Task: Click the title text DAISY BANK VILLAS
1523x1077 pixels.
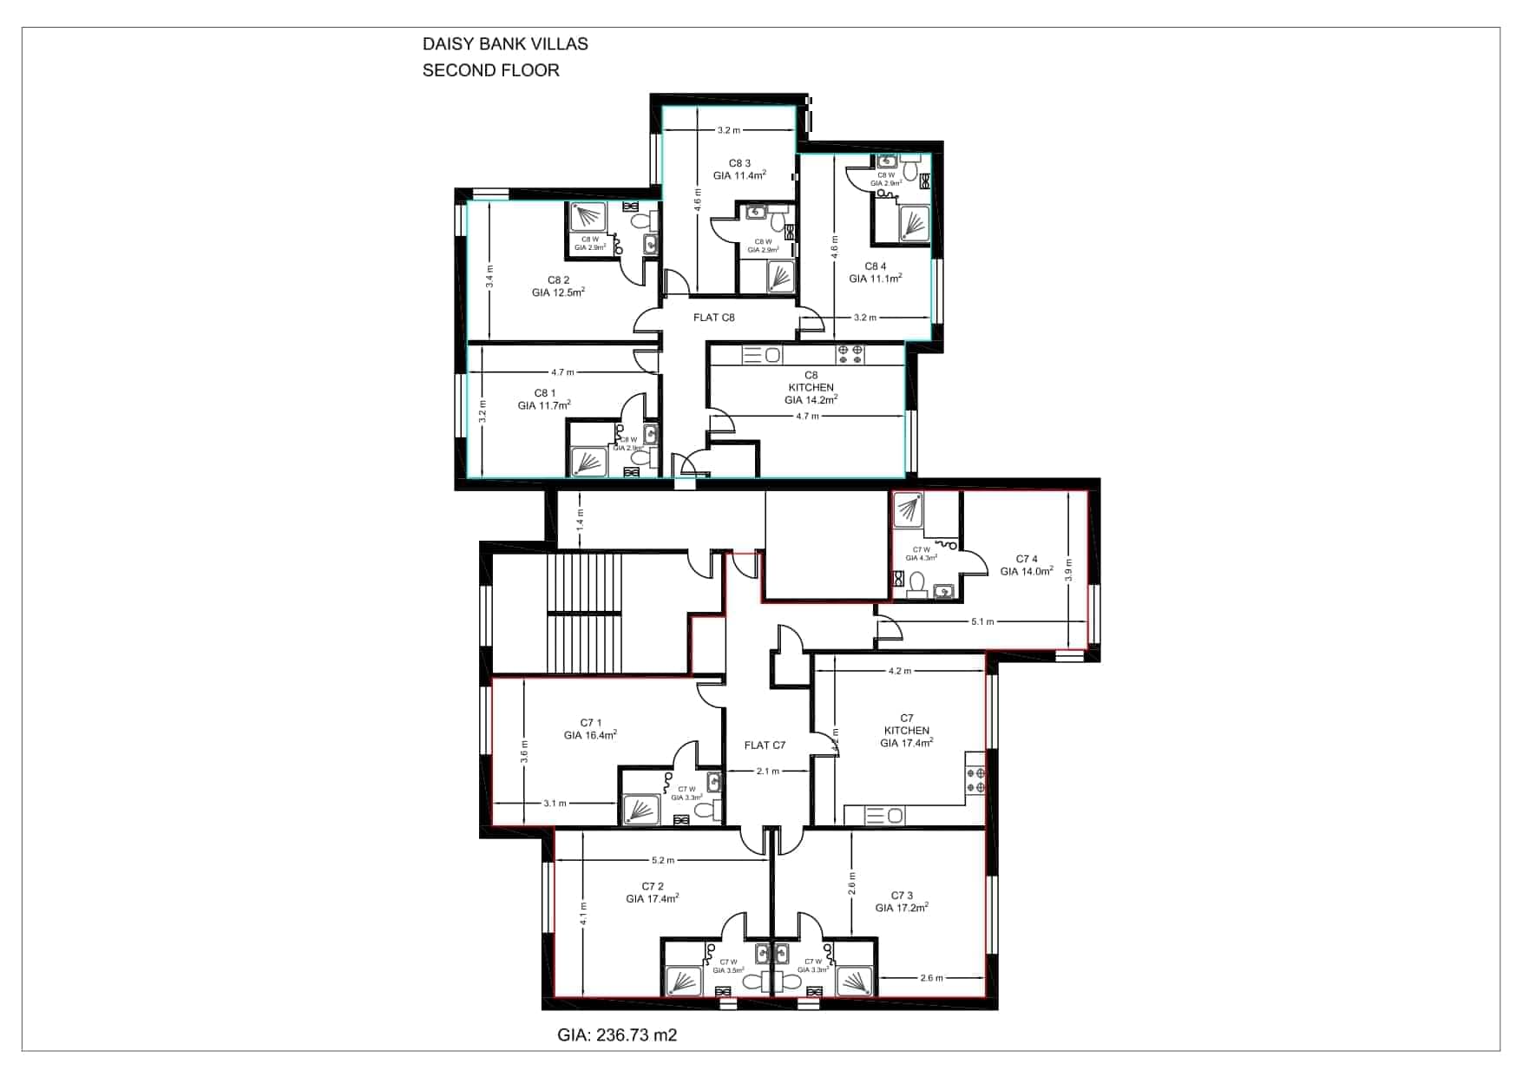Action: (504, 44)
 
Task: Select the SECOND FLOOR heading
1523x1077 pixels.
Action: (490, 70)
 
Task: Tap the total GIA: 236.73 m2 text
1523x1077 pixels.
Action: (616, 1034)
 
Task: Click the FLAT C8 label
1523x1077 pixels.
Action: (713, 318)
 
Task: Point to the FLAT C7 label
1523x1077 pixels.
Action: (765, 745)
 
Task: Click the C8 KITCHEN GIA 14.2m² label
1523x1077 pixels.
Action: (811, 388)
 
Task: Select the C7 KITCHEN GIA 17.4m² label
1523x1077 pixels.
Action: (906, 731)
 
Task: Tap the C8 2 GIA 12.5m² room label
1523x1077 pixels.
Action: (558, 286)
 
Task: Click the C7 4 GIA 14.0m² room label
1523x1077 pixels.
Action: (1027, 565)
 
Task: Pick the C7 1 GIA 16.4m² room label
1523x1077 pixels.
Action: (590, 729)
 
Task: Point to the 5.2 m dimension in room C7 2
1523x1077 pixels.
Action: (662, 860)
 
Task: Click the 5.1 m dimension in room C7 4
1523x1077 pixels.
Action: (982, 621)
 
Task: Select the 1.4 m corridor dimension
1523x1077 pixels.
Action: (581, 520)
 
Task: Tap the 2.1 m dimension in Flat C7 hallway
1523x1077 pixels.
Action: (767, 771)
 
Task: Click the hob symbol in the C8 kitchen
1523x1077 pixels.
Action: (850, 354)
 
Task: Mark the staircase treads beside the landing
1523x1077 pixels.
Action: (583, 612)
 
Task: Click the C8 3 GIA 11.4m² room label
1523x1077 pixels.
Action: (739, 169)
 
